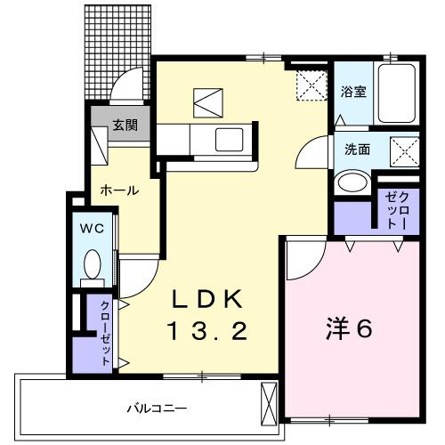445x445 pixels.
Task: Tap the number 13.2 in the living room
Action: (207, 331)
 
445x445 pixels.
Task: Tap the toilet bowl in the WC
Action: (92, 263)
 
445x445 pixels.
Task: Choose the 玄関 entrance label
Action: (124, 125)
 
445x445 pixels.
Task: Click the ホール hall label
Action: (118, 190)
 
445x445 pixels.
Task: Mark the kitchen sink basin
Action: (231, 140)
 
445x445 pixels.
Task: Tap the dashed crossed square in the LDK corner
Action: (311, 86)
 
